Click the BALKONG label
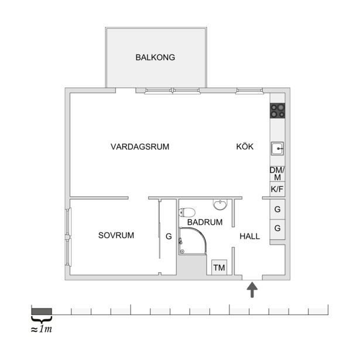pyautogui.click(x=155, y=57)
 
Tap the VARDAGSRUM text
pyautogui.click(x=139, y=147)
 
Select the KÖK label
pyautogui.click(x=245, y=147)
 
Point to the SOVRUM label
pyautogui.click(x=116, y=235)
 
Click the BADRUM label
pyautogui.click(x=205, y=222)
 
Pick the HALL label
pyautogui.click(x=250, y=236)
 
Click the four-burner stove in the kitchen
pyautogui.click(x=277, y=110)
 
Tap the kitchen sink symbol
pyautogui.click(x=277, y=149)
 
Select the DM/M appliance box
pyautogui.click(x=277, y=173)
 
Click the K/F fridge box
pyautogui.click(x=277, y=190)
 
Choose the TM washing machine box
pyautogui.click(x=220, y=268)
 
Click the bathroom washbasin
pyautogui.click(x=220, y=205)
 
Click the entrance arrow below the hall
pyautogui.click(x=252, y=290)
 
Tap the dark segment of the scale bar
pyautogui.click(x=42, y=310)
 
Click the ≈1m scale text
pyautogui.click(x=42, y=329)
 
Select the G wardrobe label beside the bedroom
pyautogui.click(x=169, y=237)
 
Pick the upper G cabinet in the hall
pyautogui.click(x=277, y=209)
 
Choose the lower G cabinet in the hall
pyautogui.click(x=277, y=228)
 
